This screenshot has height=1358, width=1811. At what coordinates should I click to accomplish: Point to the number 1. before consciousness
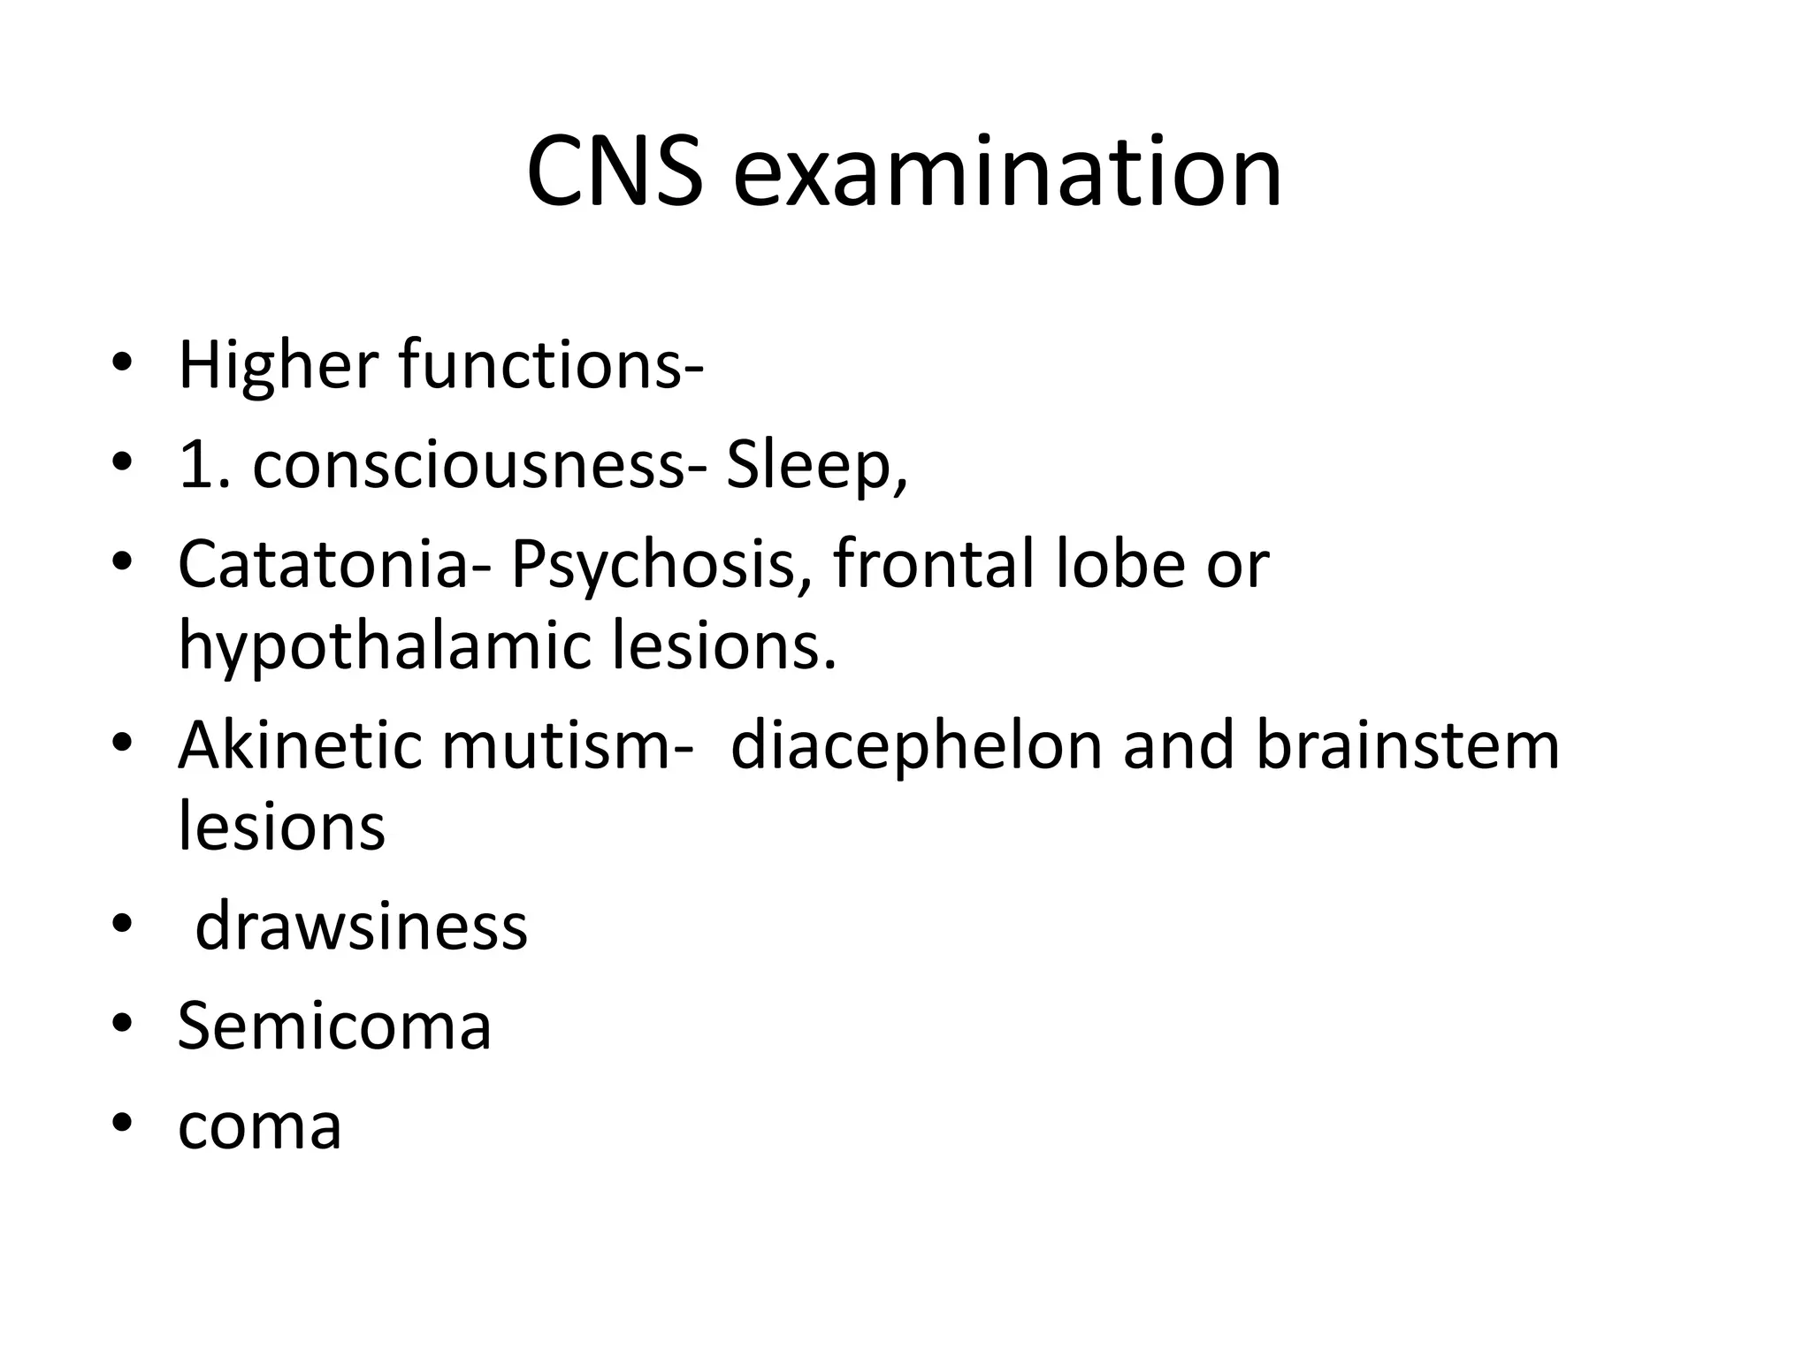204,465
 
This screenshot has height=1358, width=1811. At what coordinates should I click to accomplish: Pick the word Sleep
816,467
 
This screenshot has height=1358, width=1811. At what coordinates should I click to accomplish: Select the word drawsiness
361,927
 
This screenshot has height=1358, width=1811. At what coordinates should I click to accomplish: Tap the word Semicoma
334,1026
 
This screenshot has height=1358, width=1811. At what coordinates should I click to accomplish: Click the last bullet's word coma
259,1126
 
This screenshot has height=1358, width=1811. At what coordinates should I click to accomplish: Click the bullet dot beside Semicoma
122,1025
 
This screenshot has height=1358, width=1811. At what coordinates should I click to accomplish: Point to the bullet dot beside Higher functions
122,362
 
